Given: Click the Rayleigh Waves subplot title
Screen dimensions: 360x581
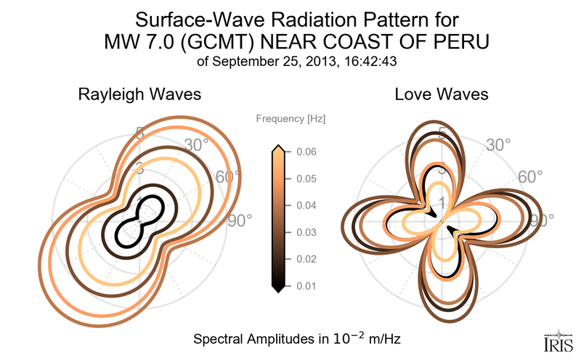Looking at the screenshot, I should pos(139,94).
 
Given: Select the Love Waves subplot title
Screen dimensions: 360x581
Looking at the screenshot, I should pos(441,94).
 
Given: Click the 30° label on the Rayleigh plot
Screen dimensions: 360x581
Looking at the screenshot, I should pos(197,144).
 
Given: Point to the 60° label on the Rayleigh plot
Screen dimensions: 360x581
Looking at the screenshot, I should pos(228,177).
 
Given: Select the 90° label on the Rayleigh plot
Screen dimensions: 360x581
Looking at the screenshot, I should pos(239,219).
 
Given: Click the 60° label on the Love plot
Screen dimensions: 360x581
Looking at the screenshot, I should pos(530,177).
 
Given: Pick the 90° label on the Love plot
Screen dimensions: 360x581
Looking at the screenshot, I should pos(541,219).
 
